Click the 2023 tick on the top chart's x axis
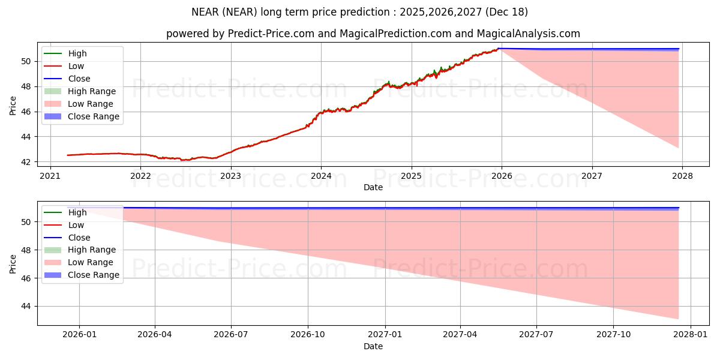230,175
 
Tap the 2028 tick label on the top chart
682,175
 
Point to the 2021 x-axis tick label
50,175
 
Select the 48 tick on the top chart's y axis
25,86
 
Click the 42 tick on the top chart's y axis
25,162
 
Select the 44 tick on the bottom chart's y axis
25,306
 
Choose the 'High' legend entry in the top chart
77,53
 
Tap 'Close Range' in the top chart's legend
94,116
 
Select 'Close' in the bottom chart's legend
79,238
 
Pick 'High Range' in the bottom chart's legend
92,250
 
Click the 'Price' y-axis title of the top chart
13,106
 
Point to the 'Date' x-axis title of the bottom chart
373,346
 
